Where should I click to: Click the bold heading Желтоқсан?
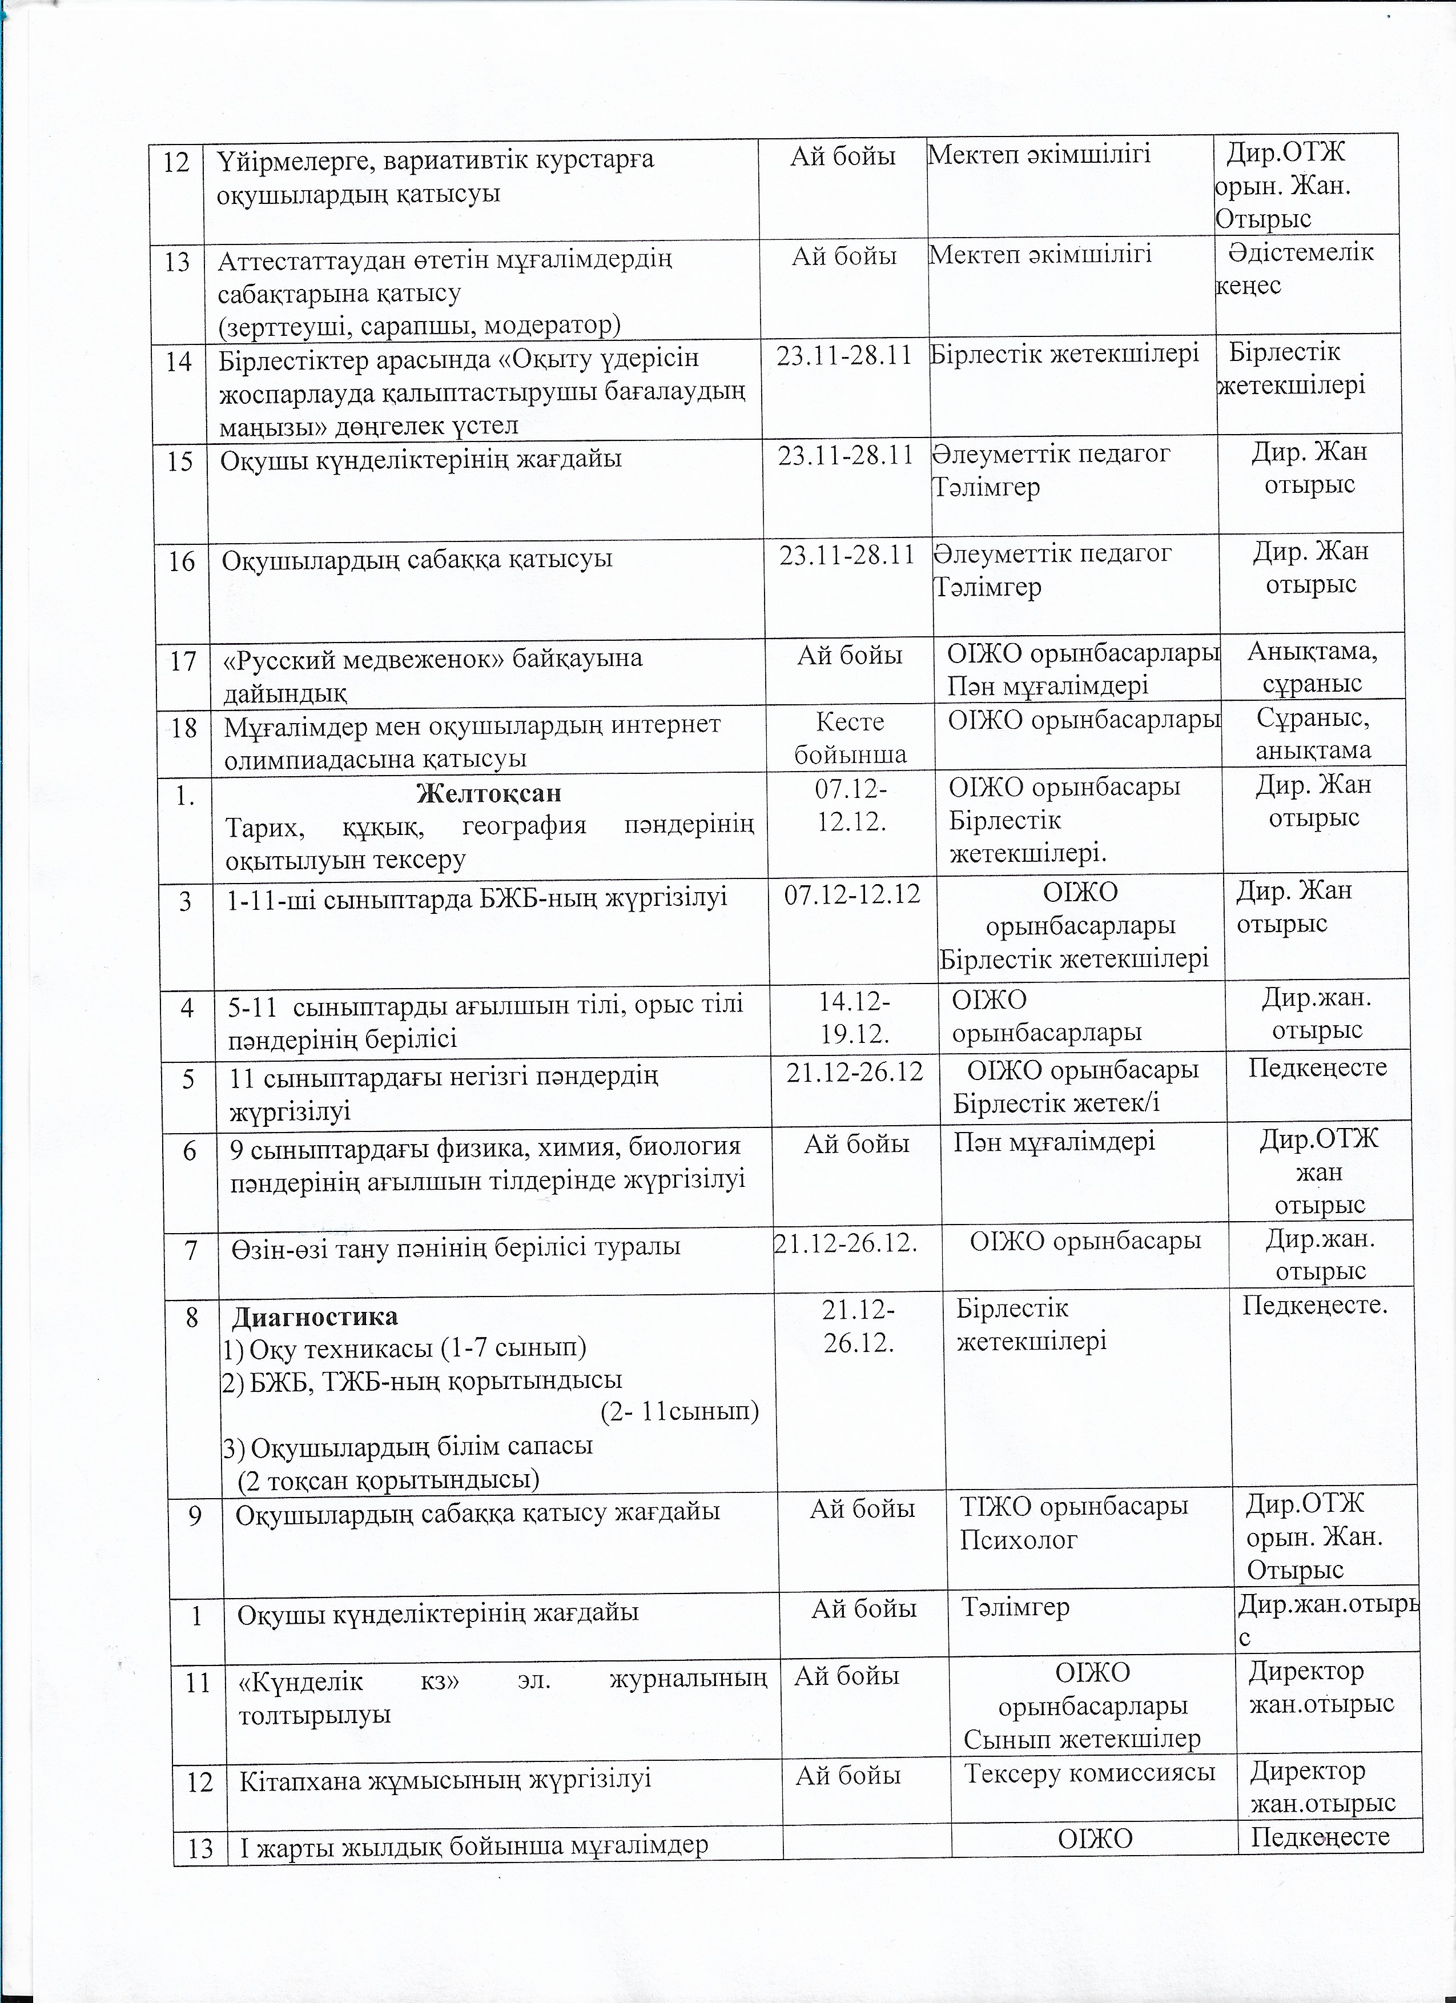coord(488,793)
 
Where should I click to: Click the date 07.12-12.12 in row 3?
coord(853,894)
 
